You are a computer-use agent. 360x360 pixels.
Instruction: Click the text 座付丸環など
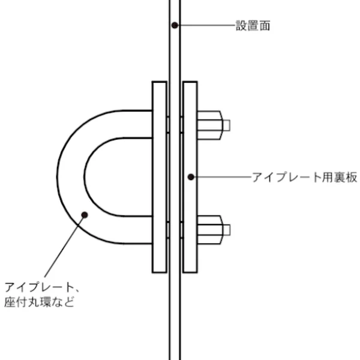[40, 302]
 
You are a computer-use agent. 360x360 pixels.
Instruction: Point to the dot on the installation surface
[175, 25]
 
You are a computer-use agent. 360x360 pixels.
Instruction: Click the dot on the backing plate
[190, 176]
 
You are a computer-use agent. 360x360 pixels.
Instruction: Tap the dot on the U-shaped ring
[85, 214]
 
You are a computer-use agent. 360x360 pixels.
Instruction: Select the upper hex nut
[210, 125]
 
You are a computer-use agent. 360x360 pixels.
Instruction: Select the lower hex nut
[210, 229]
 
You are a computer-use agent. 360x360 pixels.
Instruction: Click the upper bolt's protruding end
[226, 125]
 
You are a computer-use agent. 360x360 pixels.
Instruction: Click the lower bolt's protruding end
[226, 229]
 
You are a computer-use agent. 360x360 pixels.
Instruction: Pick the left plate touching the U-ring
[160, 176]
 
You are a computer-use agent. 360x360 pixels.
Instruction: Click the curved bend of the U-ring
[70, 176]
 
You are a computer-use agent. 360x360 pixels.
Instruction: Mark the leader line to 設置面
[207, 25]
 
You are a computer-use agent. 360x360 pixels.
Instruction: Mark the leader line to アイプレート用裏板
[222, 176]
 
